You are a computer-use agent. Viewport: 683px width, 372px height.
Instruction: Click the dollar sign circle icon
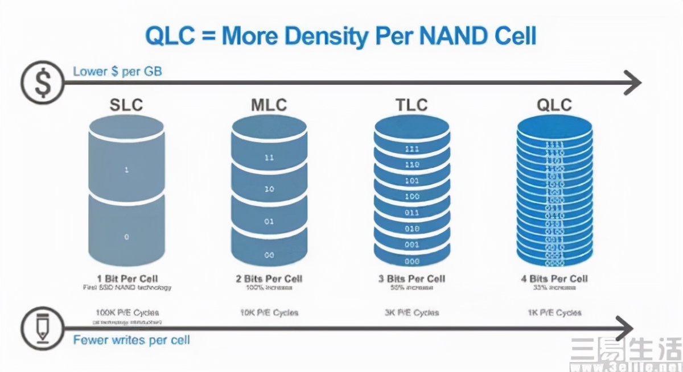42,83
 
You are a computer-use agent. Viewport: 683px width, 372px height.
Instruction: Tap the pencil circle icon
42,328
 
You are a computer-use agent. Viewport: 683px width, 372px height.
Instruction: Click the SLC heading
126,105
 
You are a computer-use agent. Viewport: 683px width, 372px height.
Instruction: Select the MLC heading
269,105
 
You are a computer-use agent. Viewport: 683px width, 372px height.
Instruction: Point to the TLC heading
412,105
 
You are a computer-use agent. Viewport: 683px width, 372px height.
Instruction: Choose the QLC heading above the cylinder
554,105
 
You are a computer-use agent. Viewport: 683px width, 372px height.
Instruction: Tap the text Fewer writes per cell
131,340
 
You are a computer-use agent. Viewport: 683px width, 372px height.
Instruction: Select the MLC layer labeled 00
269,255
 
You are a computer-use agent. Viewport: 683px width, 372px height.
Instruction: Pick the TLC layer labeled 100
412,196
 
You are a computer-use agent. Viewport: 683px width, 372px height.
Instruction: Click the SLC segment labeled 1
126,169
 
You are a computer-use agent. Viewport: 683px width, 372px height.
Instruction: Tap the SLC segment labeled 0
126,235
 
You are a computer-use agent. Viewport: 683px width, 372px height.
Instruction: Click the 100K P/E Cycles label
126,312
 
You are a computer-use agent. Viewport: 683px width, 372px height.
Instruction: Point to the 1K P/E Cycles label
554,312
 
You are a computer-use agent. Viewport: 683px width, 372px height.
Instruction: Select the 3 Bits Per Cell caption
412,279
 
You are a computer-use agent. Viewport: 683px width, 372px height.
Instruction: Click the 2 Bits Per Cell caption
269,279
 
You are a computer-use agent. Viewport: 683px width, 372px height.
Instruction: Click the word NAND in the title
453,35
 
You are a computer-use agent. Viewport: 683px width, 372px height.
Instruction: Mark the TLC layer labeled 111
412,149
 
